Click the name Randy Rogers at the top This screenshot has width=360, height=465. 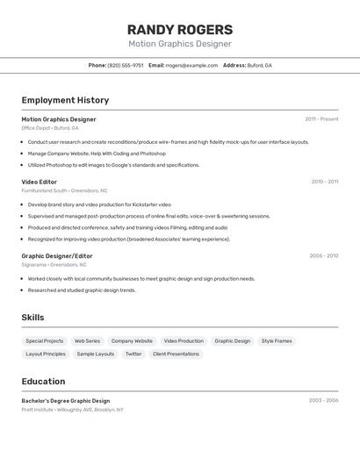click(x=180, y=29)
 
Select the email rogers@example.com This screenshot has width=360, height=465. click(x=191, y=65)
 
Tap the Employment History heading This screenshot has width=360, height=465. click(x=65, y=100)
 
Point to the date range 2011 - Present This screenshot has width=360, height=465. click(x=321, y=118)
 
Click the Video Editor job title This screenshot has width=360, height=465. click(x=40, y=182)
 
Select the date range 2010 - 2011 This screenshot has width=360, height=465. click(x=324, y=182)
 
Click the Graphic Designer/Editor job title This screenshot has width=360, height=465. click(x=57, y=255)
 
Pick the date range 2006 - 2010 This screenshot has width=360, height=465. click(x=323, y=255)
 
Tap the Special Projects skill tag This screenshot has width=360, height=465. click(x=44, y=340)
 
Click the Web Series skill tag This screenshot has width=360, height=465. click(x=87, y=340)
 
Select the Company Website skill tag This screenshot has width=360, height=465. click(x=132, y=340)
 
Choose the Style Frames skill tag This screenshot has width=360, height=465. click(x=277, y=340)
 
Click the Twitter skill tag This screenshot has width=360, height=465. click(x=133, y=354)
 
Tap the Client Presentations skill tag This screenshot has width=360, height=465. click(x=176, y=354)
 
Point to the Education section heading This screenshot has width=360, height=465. click(x=43, y=382)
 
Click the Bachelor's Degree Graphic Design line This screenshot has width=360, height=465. click(x=66, y=400)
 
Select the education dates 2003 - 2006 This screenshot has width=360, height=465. click(x=323, y=400)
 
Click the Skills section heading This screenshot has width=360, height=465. click(x=32, y=318)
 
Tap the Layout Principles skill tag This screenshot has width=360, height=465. click(x=46, y=354)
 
